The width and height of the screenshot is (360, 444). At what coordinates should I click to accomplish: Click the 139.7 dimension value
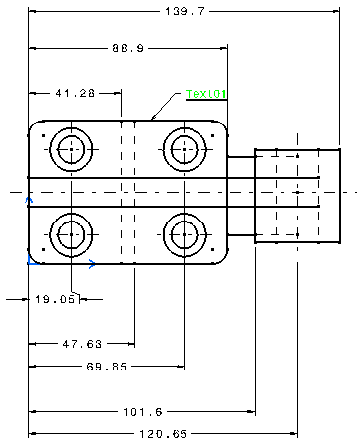(x=184, y=11)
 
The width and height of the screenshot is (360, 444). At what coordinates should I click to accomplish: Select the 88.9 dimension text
(x=128, y=48)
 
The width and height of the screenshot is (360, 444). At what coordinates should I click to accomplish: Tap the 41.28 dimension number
(x=76, y=93)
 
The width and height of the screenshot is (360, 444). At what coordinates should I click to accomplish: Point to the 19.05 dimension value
(x=55, y=299)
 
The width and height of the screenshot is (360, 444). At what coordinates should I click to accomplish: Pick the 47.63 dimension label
(x=82, y=344)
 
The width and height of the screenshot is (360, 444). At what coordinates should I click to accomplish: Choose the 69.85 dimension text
(x=107, y=367)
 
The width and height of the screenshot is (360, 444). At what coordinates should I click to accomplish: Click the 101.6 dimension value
(x=142, y=412)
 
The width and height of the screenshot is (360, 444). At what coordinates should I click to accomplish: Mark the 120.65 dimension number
(x=164, y=434)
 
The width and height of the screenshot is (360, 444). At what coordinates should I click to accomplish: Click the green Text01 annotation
(x=206, y=94)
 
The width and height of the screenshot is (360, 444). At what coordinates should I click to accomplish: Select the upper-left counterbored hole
(x=72, y=128)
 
